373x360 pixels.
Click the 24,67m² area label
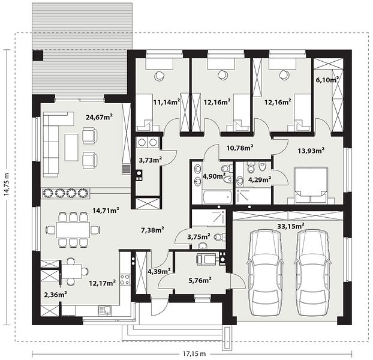(99, 117)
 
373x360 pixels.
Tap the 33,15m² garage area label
(291, 226)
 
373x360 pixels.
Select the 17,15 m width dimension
(194, 353)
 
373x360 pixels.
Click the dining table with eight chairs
(73, 230)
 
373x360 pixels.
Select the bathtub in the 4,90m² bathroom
(217, 197)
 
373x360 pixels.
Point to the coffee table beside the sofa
(71, 147)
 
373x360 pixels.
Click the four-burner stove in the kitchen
(125, 280)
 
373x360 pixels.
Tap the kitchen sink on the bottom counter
(105, 311)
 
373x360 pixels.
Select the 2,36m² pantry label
(55, 295)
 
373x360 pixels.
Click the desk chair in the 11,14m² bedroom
(160, 76)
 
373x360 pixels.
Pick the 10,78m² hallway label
(239, 148)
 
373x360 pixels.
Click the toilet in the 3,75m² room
(219, 237)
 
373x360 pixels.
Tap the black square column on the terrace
(38, 55)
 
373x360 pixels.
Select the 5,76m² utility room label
(200, 281)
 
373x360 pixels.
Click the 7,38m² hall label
(152, 230)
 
